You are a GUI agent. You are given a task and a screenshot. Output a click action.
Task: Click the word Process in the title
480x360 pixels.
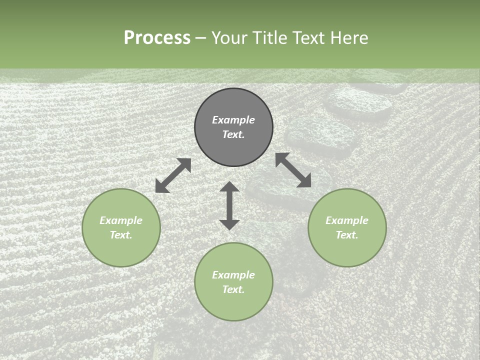click(x=157, y=38)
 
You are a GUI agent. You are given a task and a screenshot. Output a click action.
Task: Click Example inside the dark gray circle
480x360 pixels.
click(x=233, y=120)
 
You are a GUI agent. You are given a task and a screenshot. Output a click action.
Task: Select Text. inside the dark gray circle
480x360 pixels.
click(x=233, y=134)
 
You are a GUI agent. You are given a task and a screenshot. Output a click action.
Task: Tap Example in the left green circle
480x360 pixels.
click(x=121, y=220)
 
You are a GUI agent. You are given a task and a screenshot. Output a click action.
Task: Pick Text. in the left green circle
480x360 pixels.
click(x=121, y=235)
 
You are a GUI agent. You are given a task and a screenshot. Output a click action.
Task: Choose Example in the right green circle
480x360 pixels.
click(x=347, y=220)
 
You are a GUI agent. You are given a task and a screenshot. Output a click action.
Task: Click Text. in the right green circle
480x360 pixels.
click(x=347, y=235)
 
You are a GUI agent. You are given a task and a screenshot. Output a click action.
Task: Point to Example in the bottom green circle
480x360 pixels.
click(x=233, y=275)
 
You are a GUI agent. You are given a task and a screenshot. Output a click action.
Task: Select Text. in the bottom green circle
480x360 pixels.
click(x=233, y=289)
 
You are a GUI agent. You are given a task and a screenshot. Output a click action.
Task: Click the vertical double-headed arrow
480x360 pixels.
click(x=229, y=205)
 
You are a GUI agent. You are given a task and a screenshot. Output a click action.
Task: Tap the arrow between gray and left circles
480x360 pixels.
click(x=173, y=175)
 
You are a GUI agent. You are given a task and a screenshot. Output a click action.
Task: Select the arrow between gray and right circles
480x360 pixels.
click(x=293, y=170)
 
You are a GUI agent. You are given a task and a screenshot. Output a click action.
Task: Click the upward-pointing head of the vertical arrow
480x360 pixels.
click(x=229, y=186)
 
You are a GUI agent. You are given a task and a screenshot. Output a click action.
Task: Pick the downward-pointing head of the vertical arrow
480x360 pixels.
click(x=229, y=224)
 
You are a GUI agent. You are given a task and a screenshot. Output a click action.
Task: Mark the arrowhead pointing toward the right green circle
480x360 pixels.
click(x=305, y=181)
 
